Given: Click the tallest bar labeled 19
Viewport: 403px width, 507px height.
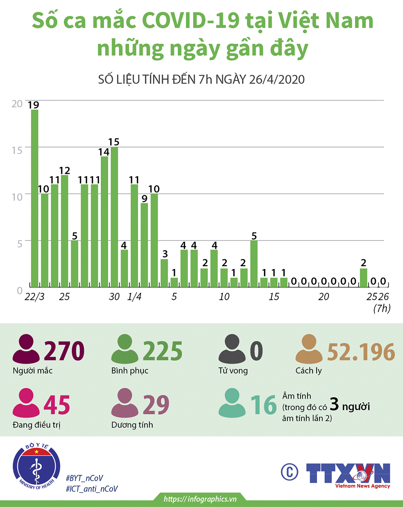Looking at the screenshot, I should click(x=35, y=198).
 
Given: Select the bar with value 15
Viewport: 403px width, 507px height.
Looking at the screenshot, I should click(x=114, y=217).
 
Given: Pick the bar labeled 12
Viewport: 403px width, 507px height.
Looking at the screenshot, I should click(x=65, y=231).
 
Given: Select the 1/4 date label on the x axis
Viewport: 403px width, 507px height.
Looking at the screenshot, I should click(x=134, y=297).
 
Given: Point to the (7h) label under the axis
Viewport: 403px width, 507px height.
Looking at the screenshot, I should click(x=382, y=308).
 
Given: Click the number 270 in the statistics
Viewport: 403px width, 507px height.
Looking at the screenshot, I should click(x=64, y=350).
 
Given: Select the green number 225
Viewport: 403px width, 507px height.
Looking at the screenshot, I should click(x=163, y=350).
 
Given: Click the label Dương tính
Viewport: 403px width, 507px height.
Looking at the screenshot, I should click(x=132, y=425).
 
